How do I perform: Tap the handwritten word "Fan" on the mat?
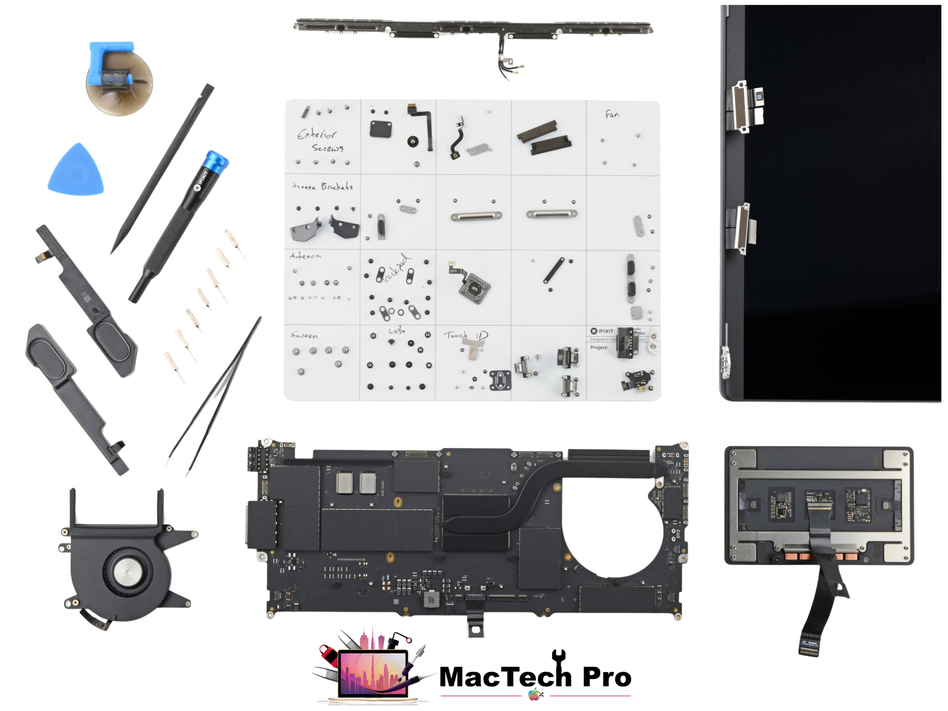tap(611, 114)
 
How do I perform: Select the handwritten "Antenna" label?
tap(305, 256)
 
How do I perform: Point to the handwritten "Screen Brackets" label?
tap(322, 186)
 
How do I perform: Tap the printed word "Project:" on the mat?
tap(599, 347)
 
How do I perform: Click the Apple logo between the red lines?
tap(534, 694)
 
